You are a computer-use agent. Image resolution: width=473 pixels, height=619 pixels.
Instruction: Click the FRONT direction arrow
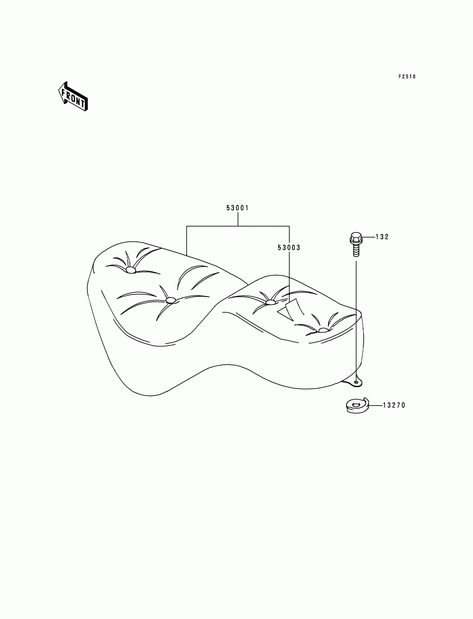pyautogui.click(x=73, y=96)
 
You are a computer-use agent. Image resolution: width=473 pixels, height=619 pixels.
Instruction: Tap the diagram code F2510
pyautogui.click(x=407, y=77)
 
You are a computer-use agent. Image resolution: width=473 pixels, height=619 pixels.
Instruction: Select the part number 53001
pyautogui.click(x=238, y=208)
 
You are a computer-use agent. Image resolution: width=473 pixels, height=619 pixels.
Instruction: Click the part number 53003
pyautogui.click(x=289, y=248)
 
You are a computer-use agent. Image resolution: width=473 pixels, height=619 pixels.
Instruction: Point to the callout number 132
pyautogui.click(x=382, y=237)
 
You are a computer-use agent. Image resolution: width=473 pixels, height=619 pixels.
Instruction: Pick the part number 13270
pyautogui.click(x=394, y=405)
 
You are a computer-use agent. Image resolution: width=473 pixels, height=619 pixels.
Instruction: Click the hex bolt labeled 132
pyautogui.click(x=356, y=244)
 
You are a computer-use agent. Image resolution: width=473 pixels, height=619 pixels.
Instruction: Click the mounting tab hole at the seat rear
pyautogui.click(x=356, y=382)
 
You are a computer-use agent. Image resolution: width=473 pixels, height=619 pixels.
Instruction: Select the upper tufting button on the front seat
pyautogui.click(x=131, y=270)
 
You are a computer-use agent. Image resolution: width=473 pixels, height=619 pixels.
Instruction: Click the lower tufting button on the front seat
pyautogui.click(x=170, y=300)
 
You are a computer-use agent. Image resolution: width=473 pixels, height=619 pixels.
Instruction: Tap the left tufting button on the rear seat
pyautogui.click(x=270, y=302)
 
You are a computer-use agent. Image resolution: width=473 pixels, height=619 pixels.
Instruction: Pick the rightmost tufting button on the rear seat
pyautogui.click(x=324, y=330)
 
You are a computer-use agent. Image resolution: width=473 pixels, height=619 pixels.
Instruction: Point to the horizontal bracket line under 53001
pyautogui.click(x=238, y=226)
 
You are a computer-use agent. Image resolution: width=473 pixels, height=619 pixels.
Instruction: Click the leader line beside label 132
pyautogui.click(x=369, y=237)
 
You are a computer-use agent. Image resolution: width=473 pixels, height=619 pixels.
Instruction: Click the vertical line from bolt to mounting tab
pyautogui.click(x=356, y=318)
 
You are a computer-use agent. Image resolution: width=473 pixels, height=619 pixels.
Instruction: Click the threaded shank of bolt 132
pyautogui.click(x=356, y=250)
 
